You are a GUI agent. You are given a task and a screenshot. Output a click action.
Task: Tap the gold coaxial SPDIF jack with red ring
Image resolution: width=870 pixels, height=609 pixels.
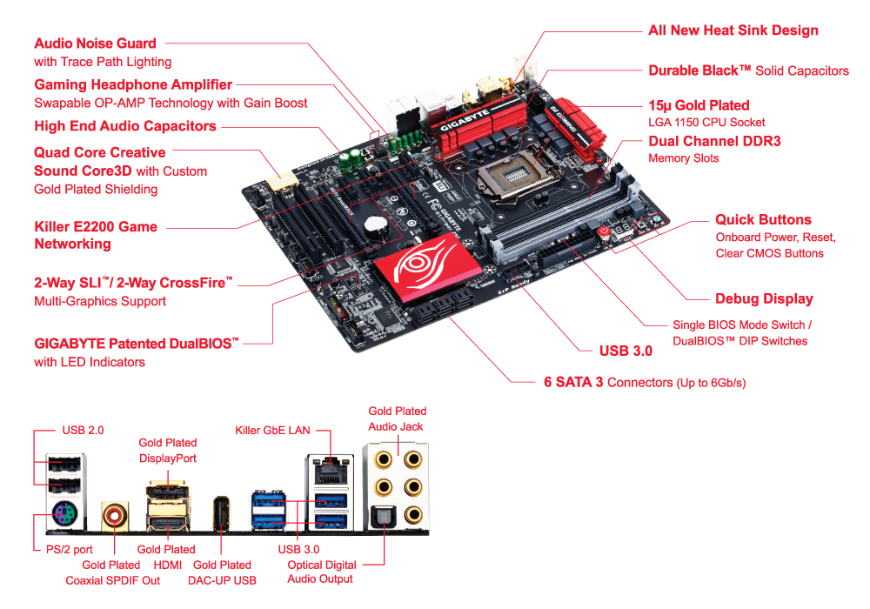(114, 516)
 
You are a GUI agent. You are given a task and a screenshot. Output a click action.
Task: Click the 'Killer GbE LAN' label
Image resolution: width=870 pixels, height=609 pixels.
(272, 430)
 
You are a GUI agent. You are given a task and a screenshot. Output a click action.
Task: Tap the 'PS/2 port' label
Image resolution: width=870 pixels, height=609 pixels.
(70, 550)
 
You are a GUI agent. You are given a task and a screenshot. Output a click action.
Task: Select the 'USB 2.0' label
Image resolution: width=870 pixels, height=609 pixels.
(84, 430)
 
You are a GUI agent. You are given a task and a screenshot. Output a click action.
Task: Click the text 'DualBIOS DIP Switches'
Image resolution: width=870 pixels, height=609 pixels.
(739, 341)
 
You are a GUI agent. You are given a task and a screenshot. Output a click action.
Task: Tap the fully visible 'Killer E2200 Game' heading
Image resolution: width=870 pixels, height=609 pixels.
(96, 227)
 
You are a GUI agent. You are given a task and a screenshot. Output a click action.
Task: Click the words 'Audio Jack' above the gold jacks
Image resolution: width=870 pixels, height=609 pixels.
(398, 426)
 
